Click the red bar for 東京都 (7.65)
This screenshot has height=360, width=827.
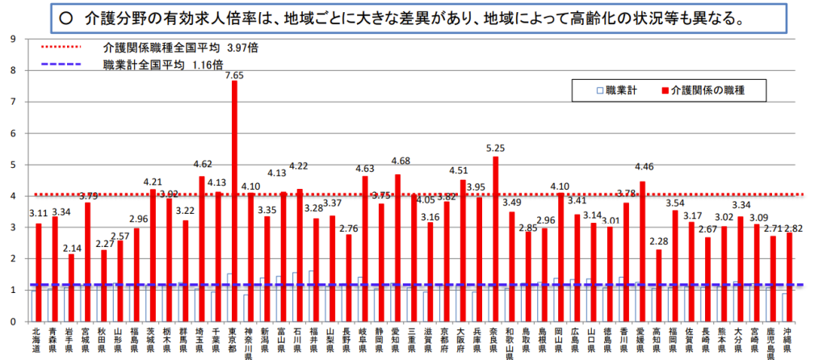point(234,202)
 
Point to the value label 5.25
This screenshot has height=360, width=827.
point(495,149)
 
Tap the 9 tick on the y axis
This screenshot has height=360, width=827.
point(11,39)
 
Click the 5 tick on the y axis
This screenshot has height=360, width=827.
point(11,165)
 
